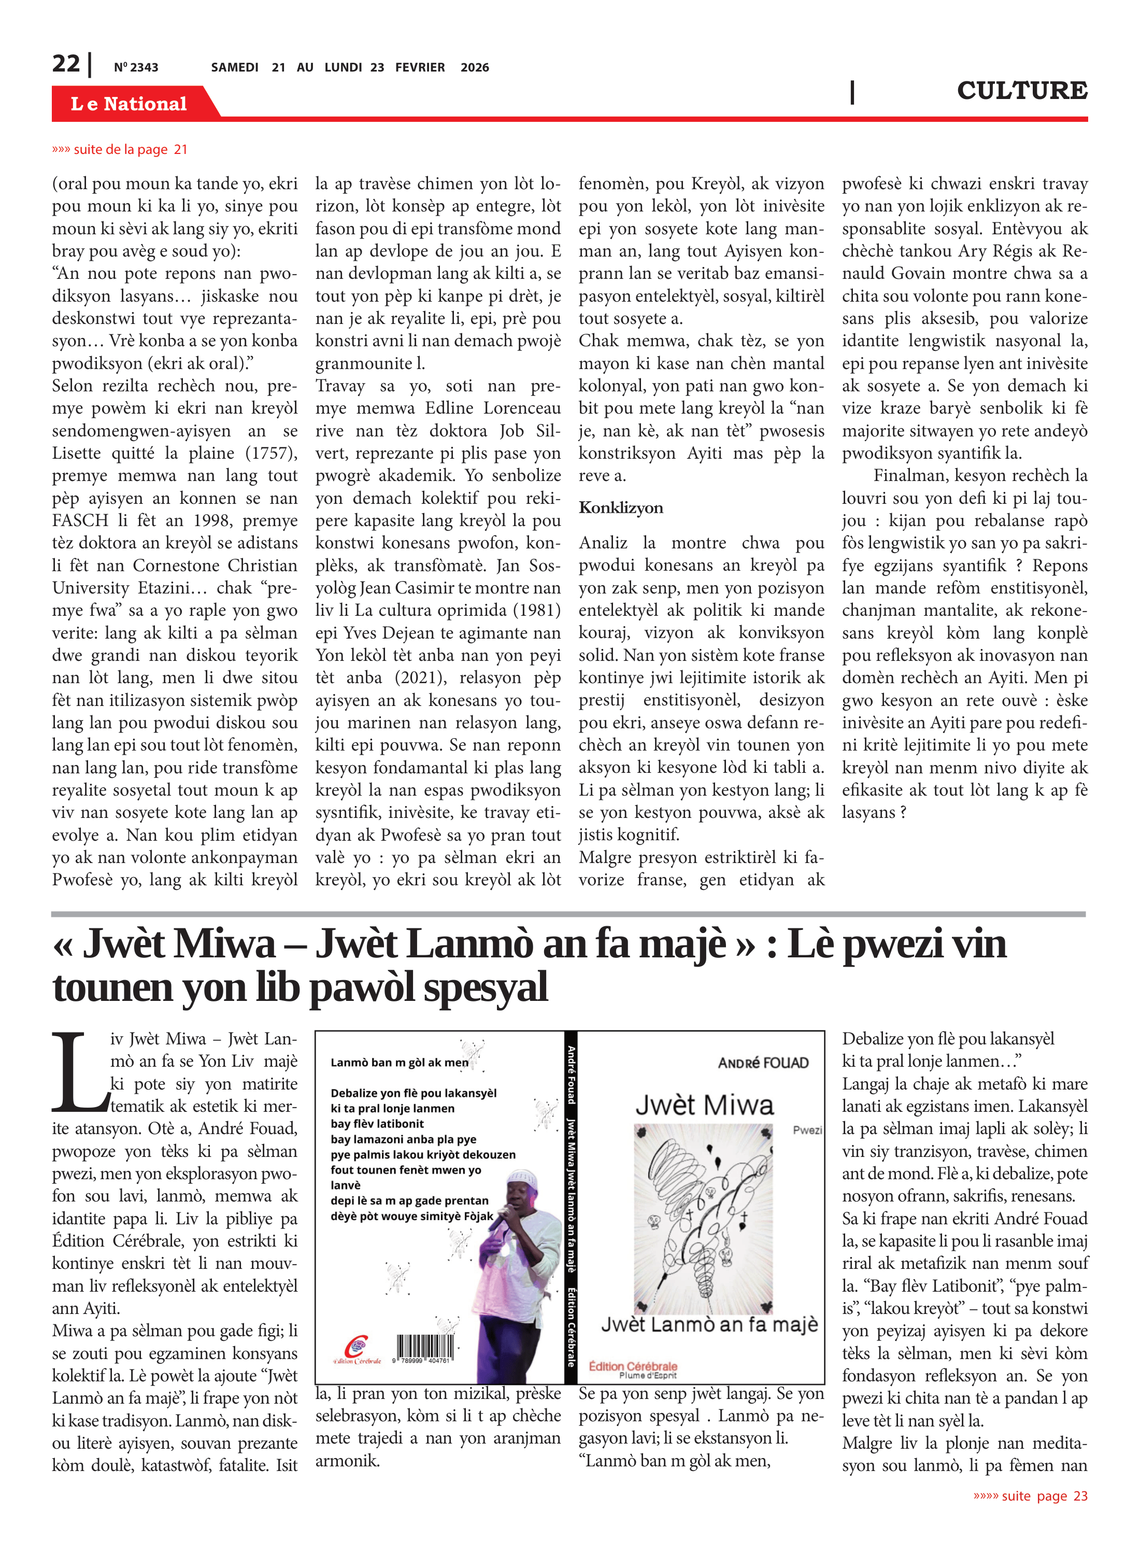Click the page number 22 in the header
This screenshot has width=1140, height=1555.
[66, 64]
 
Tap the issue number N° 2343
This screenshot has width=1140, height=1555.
[136, 67]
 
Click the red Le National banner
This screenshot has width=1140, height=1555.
[129, 104]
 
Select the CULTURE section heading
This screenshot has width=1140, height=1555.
[1021, 90]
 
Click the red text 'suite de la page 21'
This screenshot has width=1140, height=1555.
[120, 149]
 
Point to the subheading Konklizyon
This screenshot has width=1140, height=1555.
[620, 507]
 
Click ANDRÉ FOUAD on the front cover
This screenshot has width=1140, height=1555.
[763, 1063]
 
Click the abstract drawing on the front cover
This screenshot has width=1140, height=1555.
[703, 1218]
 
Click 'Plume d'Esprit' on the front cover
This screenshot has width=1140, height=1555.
[647, 1375]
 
